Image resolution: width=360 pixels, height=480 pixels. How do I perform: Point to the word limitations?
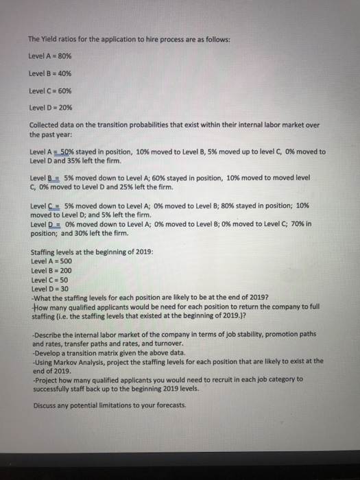pyautogui.click(x=119, y=404)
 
